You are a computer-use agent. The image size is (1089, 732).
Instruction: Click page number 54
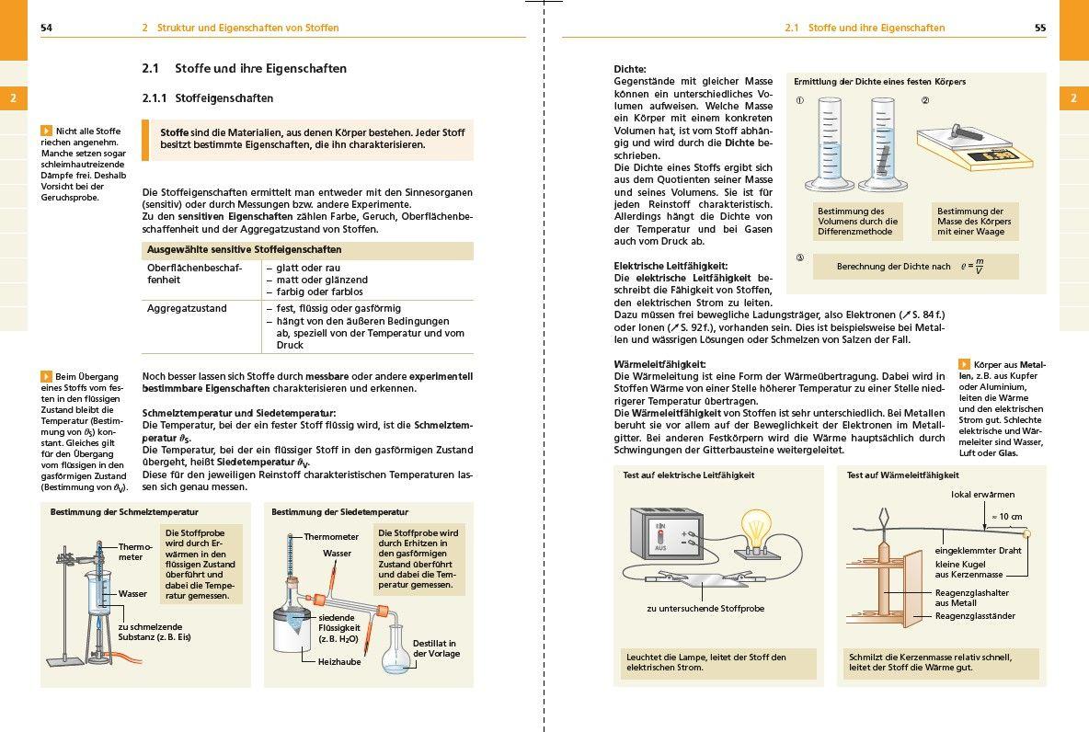point(46,28)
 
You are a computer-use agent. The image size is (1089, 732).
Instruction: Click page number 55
point(1040,28)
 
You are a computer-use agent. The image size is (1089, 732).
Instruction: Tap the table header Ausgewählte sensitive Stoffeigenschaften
point(244,250)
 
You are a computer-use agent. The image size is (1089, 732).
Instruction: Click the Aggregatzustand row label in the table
point(187,308)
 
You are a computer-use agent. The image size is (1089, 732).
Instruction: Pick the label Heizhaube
point(338,661)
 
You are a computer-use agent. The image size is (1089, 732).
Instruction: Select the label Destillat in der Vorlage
point(435,648)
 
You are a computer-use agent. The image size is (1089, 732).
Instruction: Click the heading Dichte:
point(630,69)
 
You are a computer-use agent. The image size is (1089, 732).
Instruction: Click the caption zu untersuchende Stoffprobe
point(705,608)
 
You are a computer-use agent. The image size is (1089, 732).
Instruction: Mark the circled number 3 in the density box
point(799,257)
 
